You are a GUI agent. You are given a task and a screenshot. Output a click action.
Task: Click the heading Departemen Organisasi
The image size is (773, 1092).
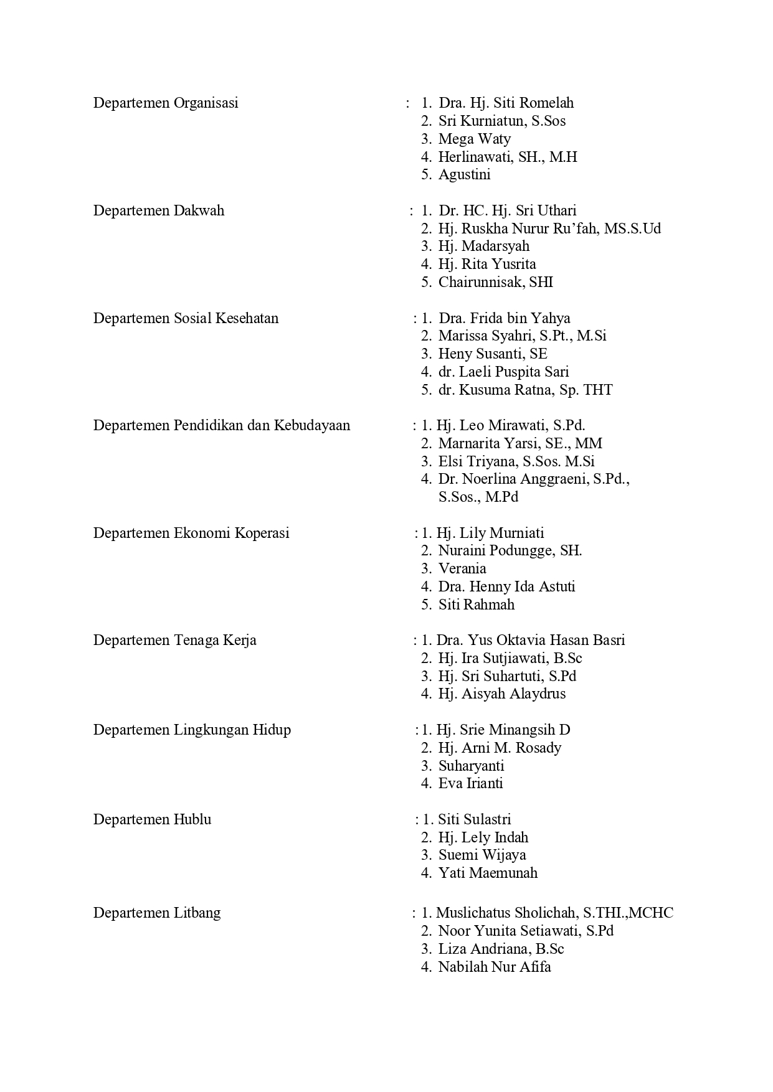pos(166,103)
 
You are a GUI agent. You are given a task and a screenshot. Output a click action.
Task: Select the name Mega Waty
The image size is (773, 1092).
pos(474,139)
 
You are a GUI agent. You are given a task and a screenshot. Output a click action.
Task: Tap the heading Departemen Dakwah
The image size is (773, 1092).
pos(158,210)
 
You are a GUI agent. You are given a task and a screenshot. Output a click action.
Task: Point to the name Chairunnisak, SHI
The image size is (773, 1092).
pos(495,282)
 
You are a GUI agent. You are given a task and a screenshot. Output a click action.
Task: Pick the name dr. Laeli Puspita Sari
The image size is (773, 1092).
pos(503,372)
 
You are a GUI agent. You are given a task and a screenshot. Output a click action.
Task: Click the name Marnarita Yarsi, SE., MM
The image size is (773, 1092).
pos(520,443)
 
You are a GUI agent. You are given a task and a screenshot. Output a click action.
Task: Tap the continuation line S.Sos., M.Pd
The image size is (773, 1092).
pos(478,497)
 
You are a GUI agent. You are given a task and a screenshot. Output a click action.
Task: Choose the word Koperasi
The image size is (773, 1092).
pos(262,533)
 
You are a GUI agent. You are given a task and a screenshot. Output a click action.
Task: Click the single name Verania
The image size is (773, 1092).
pos(462,568)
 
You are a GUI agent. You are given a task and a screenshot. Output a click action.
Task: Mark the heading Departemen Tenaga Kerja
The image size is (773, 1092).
pos(174,640)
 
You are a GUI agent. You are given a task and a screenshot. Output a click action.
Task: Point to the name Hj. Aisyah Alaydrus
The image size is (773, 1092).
pos(501,694)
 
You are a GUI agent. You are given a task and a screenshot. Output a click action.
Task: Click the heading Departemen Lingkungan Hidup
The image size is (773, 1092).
pos(192,730)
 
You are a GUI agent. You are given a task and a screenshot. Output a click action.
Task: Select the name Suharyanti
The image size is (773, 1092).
pos(471,766)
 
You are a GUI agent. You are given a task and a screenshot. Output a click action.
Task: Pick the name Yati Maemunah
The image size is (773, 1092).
pos(488,873)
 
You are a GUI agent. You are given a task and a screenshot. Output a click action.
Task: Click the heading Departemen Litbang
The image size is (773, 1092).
pos(157,913)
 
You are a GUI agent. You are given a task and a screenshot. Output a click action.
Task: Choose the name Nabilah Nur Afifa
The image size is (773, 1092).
pos(495,967)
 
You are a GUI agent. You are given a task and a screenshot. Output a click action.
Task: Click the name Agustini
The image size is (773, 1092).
pos(464,174)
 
